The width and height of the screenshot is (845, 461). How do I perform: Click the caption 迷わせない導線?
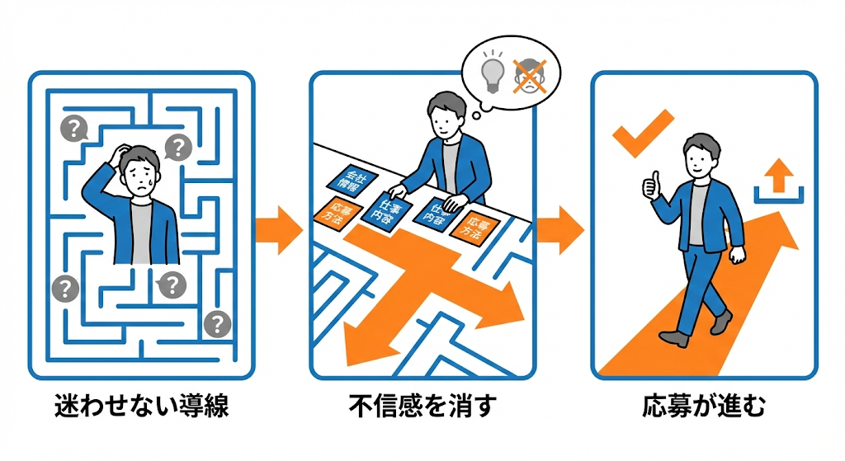pos(141,409)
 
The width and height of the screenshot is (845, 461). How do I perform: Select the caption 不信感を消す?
pos(423,409)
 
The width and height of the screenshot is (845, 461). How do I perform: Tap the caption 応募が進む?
pos(704,409)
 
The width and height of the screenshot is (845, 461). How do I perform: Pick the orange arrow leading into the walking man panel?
pos(560,228)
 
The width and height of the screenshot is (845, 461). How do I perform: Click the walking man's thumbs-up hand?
pos(652,186)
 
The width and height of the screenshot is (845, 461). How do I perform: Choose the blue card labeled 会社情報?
pos(350,181)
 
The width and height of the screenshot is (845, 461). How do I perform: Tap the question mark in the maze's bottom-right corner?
pos(217,324)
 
